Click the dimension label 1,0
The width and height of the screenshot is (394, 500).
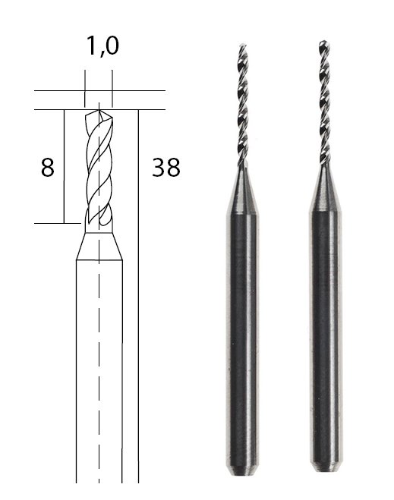point(102,46)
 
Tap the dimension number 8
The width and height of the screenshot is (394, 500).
point(48,167)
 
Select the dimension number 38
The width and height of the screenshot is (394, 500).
point(166,167)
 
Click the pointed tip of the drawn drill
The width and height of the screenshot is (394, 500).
point(99,110)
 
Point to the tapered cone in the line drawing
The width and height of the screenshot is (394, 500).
point(99,246)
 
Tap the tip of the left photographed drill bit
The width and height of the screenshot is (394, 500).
point(243,45)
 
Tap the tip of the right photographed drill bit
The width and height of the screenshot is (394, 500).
point(324,42)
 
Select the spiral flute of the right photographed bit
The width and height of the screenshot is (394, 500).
point(324,102)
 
